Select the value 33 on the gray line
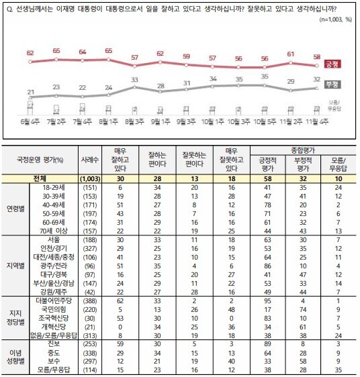(134, 79)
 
